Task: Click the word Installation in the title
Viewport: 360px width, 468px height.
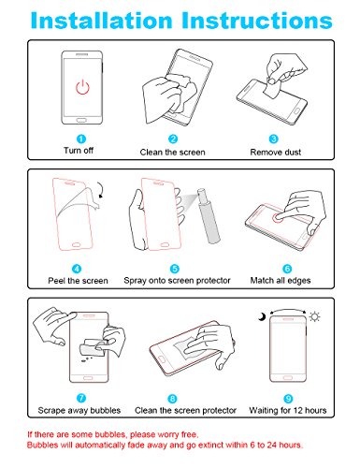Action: click(x=103, y=21)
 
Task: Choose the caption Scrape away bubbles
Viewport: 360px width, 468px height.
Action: click(x=81, y=411)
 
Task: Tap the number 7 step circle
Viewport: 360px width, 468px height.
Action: click(x=79, y=397)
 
